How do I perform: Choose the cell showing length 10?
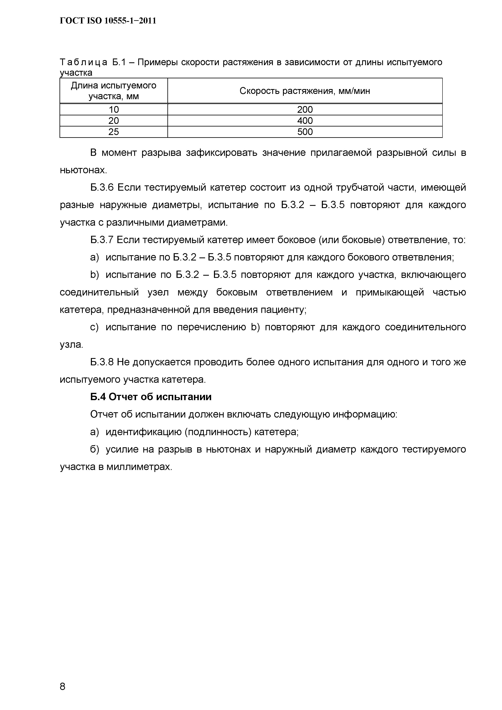[114, 109]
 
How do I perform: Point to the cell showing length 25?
[114, 132]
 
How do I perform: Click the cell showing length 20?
[114, 121]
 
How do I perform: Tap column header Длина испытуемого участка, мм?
[114, 91]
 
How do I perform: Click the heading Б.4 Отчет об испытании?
[151, 397]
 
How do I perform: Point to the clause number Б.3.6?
[102, 188]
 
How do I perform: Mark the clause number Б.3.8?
[102, 362]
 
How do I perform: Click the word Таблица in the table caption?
[84, 63]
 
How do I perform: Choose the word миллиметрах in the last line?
[139, 467]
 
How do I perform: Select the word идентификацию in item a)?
[144, 432]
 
